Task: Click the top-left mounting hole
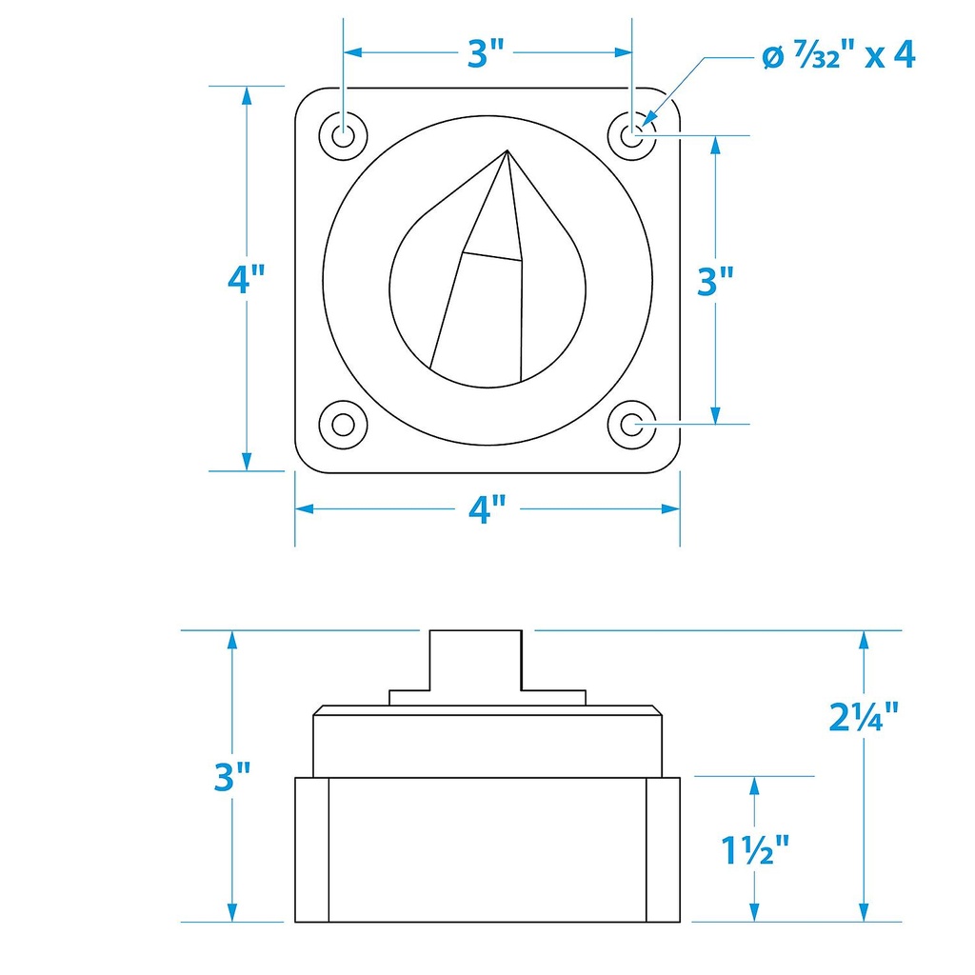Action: tap(343, 135)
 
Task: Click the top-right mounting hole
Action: tap(632, 135)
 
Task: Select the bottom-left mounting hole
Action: tap(343, 425)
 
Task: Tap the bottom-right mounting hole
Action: tap(632, 425)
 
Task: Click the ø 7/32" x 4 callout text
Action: tap(839, 55)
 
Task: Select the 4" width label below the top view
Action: tap(487, 509)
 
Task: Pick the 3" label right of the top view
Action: tap(715, 281)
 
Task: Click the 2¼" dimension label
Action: tap(864, 716)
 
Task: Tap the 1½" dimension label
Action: tap(755, 849)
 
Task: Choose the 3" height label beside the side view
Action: tap(232, 777)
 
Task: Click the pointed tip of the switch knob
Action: tap(507, 149)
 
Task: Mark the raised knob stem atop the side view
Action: tap(476, 660)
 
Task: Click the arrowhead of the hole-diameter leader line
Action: tap(647, 119)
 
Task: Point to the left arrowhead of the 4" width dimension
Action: tap(304, 509)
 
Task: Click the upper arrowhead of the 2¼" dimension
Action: tap(863, 641)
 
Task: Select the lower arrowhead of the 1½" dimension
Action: tap(755, 911)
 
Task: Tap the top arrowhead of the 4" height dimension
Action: tap(247, 96)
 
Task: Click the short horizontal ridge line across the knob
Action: tap(492, 256)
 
